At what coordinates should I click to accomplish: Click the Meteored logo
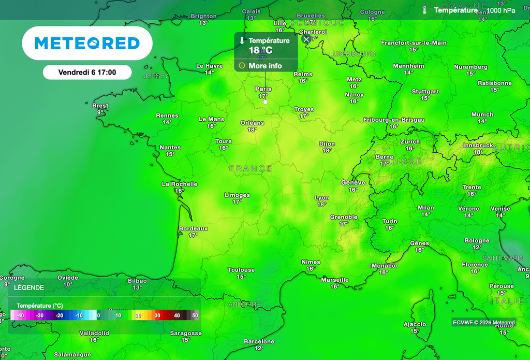pos(87,44)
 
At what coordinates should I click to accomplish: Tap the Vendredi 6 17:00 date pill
pos(87,73)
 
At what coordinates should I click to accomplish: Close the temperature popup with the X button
pos(306,39)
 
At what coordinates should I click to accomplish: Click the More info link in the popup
pos(265,66)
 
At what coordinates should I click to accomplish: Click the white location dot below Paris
pos(266,102)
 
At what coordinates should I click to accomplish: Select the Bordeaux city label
pos(193,228)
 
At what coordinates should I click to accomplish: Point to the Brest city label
pos(100,106)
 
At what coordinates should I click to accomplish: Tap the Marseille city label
pos(335,280)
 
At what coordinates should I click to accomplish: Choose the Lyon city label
pos(322,198)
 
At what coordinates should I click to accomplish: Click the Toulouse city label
pos(241,270)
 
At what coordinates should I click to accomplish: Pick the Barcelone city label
pos(259,341)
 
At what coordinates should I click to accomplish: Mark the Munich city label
pos(482,114)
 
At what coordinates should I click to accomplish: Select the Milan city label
pos(426,208)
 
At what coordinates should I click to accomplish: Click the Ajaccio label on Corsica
pos(415,325)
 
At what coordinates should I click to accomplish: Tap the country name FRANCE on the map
pos(251,169)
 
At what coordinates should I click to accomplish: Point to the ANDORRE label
pos(244,304)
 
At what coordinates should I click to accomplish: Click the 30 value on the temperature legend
pos(157,315)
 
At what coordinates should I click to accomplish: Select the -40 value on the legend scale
pos(20,315)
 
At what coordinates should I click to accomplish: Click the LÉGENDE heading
pos(29,287)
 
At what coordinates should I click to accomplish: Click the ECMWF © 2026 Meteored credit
pos(484,323)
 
